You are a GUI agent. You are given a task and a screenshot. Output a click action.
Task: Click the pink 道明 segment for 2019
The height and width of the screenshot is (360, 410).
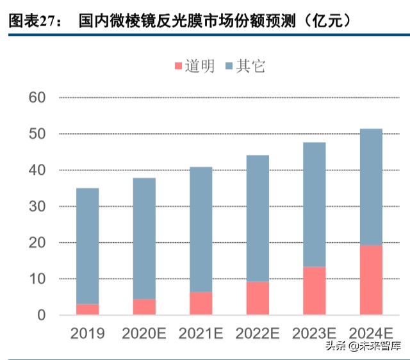click(88, 309)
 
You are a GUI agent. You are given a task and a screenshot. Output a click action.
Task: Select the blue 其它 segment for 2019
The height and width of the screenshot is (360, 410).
click(88, 246)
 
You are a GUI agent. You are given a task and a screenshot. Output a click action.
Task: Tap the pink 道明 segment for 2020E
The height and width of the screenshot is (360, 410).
click(144, 307)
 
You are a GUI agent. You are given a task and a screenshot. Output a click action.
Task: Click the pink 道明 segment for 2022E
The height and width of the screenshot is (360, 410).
click(258, 299)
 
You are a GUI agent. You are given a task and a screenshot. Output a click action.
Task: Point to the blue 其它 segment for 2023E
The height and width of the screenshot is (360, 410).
click(314, 204)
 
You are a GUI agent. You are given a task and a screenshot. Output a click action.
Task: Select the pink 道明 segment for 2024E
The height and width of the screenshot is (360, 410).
click(371, 280)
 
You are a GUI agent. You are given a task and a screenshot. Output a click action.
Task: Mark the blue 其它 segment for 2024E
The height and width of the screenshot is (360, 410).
click(371, 187)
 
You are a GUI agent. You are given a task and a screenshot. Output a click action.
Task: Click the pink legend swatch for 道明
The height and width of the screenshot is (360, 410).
click(179, 66)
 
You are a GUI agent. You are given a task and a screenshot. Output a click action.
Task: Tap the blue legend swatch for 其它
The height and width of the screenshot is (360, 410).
click(229, 66)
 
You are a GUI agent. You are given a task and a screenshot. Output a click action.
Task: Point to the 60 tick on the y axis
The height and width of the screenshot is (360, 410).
click(38, 98)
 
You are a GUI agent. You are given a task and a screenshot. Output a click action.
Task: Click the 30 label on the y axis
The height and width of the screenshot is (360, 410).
click(38, 207)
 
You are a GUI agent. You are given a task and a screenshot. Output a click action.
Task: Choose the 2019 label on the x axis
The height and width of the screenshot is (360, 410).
click(88, 333)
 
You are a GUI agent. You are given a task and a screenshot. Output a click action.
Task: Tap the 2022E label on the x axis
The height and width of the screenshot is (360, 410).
click(258, 333)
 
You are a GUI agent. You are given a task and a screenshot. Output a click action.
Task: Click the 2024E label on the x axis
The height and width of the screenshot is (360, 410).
click(371, 333)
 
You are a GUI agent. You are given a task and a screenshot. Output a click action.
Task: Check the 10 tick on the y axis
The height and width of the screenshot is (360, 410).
click(38, 279)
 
